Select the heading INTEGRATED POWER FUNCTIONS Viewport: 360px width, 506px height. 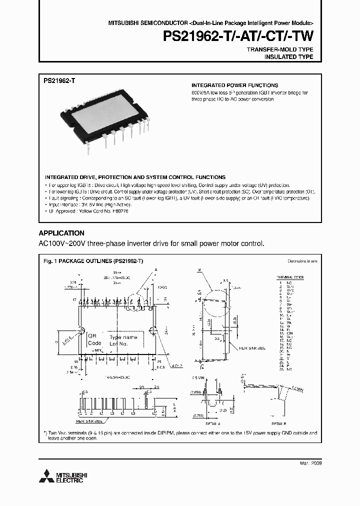click(x=234, y=85)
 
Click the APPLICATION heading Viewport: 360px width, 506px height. click(x=61, y=233)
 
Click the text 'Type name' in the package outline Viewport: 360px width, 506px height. click(x=122, y=337)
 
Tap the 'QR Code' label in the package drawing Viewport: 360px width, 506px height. click(x=94, y=339)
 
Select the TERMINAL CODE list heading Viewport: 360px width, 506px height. click(x=290, y=276)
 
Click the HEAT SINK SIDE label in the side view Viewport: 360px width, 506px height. click(x=253, y=347)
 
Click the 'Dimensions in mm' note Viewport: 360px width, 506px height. click(x=302, y=261)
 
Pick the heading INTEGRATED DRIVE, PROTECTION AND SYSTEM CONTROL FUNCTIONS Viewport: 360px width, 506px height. click(x=135, y=177)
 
